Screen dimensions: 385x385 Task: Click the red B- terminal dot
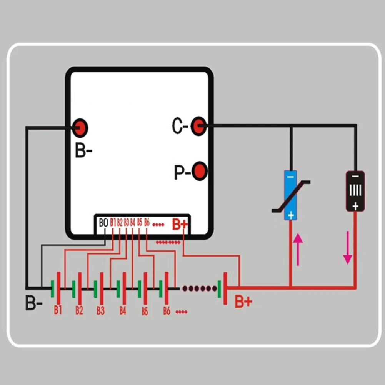pos(80,128)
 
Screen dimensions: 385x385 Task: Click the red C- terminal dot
pos(198,126)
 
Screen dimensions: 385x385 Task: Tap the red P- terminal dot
pos(199,171)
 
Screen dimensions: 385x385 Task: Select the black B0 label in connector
pos(103,223)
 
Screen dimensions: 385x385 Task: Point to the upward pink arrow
pos(298,249)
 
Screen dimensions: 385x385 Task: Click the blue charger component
pos(290,195)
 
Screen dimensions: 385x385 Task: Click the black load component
pos(355,191)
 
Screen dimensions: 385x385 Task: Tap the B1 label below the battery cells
pos(58,310)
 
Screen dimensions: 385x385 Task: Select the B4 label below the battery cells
pos(123,310)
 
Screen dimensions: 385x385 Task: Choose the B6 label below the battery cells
pos(167,310)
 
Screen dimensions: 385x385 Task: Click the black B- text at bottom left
pos(34,303)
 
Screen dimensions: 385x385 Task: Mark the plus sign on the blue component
pos(290,215)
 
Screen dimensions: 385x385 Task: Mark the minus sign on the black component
pos(355,176)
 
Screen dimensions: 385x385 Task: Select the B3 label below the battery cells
pos(100,310)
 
